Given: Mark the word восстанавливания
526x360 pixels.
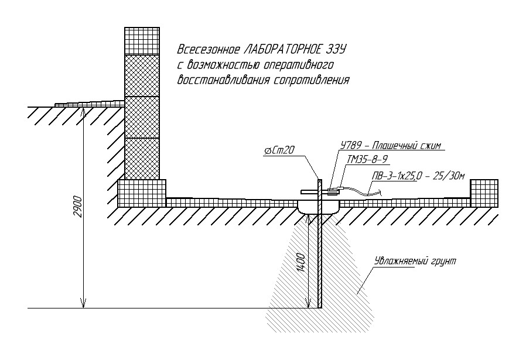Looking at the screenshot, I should [x=221, y=80].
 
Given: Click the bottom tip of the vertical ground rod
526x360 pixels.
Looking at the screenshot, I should [x=319, y=307].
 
